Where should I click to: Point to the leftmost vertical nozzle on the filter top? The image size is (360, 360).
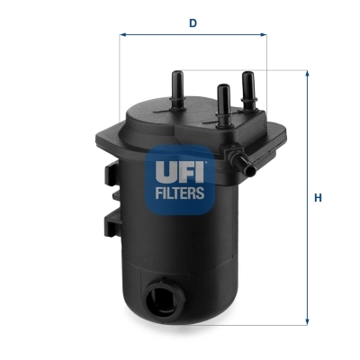pos(176,85)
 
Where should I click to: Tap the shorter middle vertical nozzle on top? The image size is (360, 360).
pos(221,98)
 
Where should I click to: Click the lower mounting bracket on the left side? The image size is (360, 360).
pos(112,224)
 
